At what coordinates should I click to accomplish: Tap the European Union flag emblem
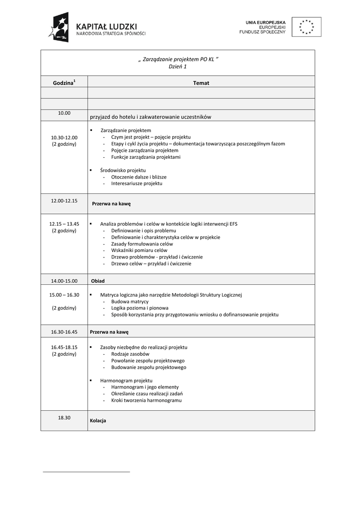click(306, 27)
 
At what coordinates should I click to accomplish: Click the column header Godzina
click(64, 83)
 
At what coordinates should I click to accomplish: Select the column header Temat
click(201, 83)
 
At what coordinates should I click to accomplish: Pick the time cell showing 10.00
click(64, 113)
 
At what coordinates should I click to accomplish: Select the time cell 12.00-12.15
click(64, 201)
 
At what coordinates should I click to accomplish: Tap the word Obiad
click(98, 281)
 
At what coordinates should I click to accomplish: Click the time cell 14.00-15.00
click(64, 281)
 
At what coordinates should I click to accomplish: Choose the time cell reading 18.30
click(64, 418)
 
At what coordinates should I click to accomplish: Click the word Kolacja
click(98, 421)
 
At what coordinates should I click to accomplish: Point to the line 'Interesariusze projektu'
click(137, 184)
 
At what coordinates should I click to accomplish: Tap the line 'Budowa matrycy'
click(130, 301)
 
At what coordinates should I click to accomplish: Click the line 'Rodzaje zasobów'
click(130, 354)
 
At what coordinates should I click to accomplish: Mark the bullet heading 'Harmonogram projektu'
click(126, 381)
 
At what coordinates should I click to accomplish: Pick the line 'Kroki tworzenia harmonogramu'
click(146, 400)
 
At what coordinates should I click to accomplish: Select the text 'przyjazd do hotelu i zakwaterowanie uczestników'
click(150, 117)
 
